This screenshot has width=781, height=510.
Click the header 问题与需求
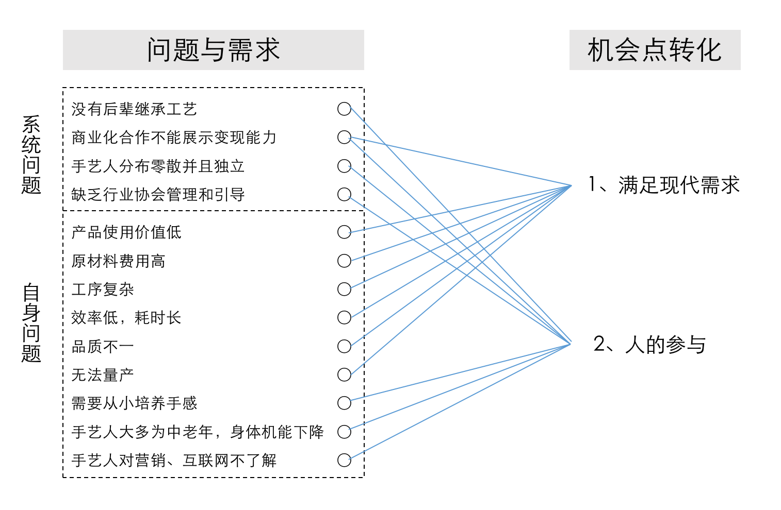pos(213,50)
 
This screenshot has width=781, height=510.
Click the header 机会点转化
pos(654,50)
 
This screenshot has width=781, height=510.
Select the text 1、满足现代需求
pos(664,185)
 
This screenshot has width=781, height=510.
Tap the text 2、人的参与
pos(649,344)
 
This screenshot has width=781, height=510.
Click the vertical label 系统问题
pos(31,155)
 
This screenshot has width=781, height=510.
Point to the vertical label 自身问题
pos(31,323)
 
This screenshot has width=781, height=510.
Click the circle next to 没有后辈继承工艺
pos(344,109)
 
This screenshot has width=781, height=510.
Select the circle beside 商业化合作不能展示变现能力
pos(344,137)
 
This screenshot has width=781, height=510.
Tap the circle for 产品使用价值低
pos(344,232)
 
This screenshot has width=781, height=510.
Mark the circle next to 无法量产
pos(344,375)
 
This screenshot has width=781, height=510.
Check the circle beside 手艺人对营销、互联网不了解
pos(344,460)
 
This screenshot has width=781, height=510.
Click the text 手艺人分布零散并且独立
pos(158,166)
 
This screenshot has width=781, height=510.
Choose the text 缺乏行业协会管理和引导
pos(158,194)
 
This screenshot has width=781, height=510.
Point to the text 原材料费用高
pos(118,261)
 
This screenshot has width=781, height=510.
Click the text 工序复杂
pos(103,289)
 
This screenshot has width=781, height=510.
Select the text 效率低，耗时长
pos(126,317)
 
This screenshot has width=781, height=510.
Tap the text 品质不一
pos(103,346)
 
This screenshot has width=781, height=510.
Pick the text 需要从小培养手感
pos(134,403)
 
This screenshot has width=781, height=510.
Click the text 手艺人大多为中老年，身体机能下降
pos(198,432)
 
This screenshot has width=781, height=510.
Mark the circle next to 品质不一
pos(344,346)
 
